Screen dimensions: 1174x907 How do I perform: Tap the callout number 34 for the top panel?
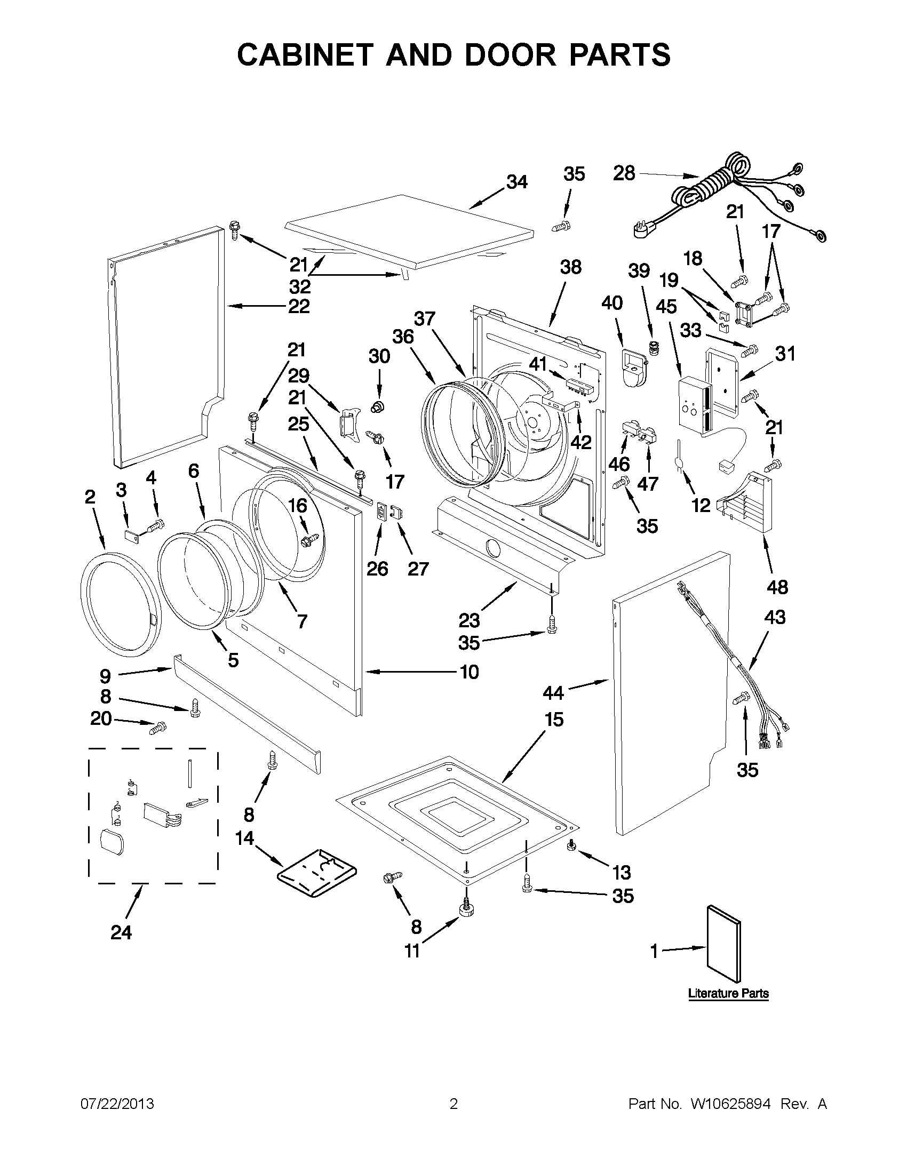516,182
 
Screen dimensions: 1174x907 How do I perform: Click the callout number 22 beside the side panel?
299,307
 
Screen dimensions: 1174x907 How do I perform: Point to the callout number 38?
570,267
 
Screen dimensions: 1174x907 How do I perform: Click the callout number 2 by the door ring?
90,497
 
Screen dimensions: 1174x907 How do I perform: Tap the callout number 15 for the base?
554,719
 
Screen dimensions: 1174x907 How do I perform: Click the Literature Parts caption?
728,993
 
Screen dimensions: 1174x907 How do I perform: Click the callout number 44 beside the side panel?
553,693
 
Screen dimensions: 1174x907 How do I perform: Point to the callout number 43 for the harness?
775,617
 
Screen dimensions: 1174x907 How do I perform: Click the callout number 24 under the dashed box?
121,933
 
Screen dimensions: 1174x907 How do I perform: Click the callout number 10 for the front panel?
469,672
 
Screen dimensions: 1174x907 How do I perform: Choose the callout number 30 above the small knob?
379,356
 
